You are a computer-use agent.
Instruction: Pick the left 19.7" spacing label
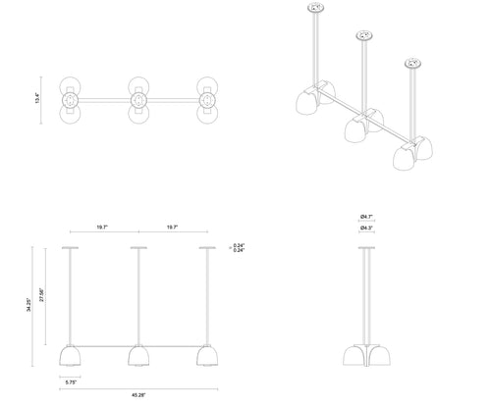pyautogui.click(x=103, y=228)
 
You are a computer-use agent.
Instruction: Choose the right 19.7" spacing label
pyautogui.click(x=172, y=228)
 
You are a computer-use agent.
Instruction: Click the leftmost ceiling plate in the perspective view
pyautogui.click(x=317, y=10)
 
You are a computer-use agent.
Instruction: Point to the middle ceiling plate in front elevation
pyautogui.click(x=138, y=248)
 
